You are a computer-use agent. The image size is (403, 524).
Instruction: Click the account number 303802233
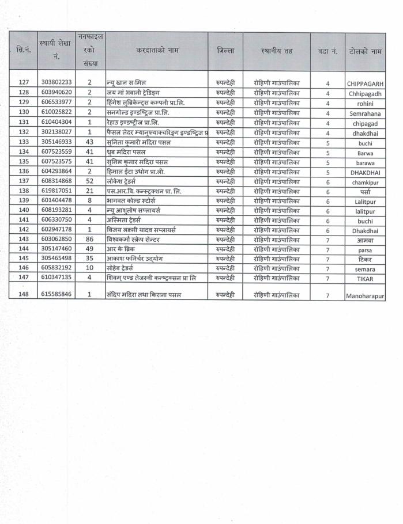click(57, 83)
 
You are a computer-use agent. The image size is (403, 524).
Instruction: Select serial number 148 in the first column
click(24, 294)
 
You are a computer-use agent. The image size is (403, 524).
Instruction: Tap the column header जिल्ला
click(225, 51)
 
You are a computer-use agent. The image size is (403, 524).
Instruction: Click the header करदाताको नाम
click(157, 51)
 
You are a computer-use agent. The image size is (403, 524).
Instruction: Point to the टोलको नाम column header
click(366, 51)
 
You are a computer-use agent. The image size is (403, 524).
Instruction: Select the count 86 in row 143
click(89, 239)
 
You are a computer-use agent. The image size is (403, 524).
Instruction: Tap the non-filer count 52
click(89, 181)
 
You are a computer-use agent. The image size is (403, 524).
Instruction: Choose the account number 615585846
click(57, 294)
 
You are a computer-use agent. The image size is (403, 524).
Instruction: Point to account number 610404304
click(57, 122)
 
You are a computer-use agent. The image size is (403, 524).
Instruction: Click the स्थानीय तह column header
click(277, 51)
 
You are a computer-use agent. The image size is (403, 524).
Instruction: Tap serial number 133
click(24, 142)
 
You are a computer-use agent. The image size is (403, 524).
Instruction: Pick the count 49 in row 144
click(89, 249)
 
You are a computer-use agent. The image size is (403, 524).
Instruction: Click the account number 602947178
click(57, 229)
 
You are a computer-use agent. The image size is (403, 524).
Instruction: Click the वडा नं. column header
click(327, 51)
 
